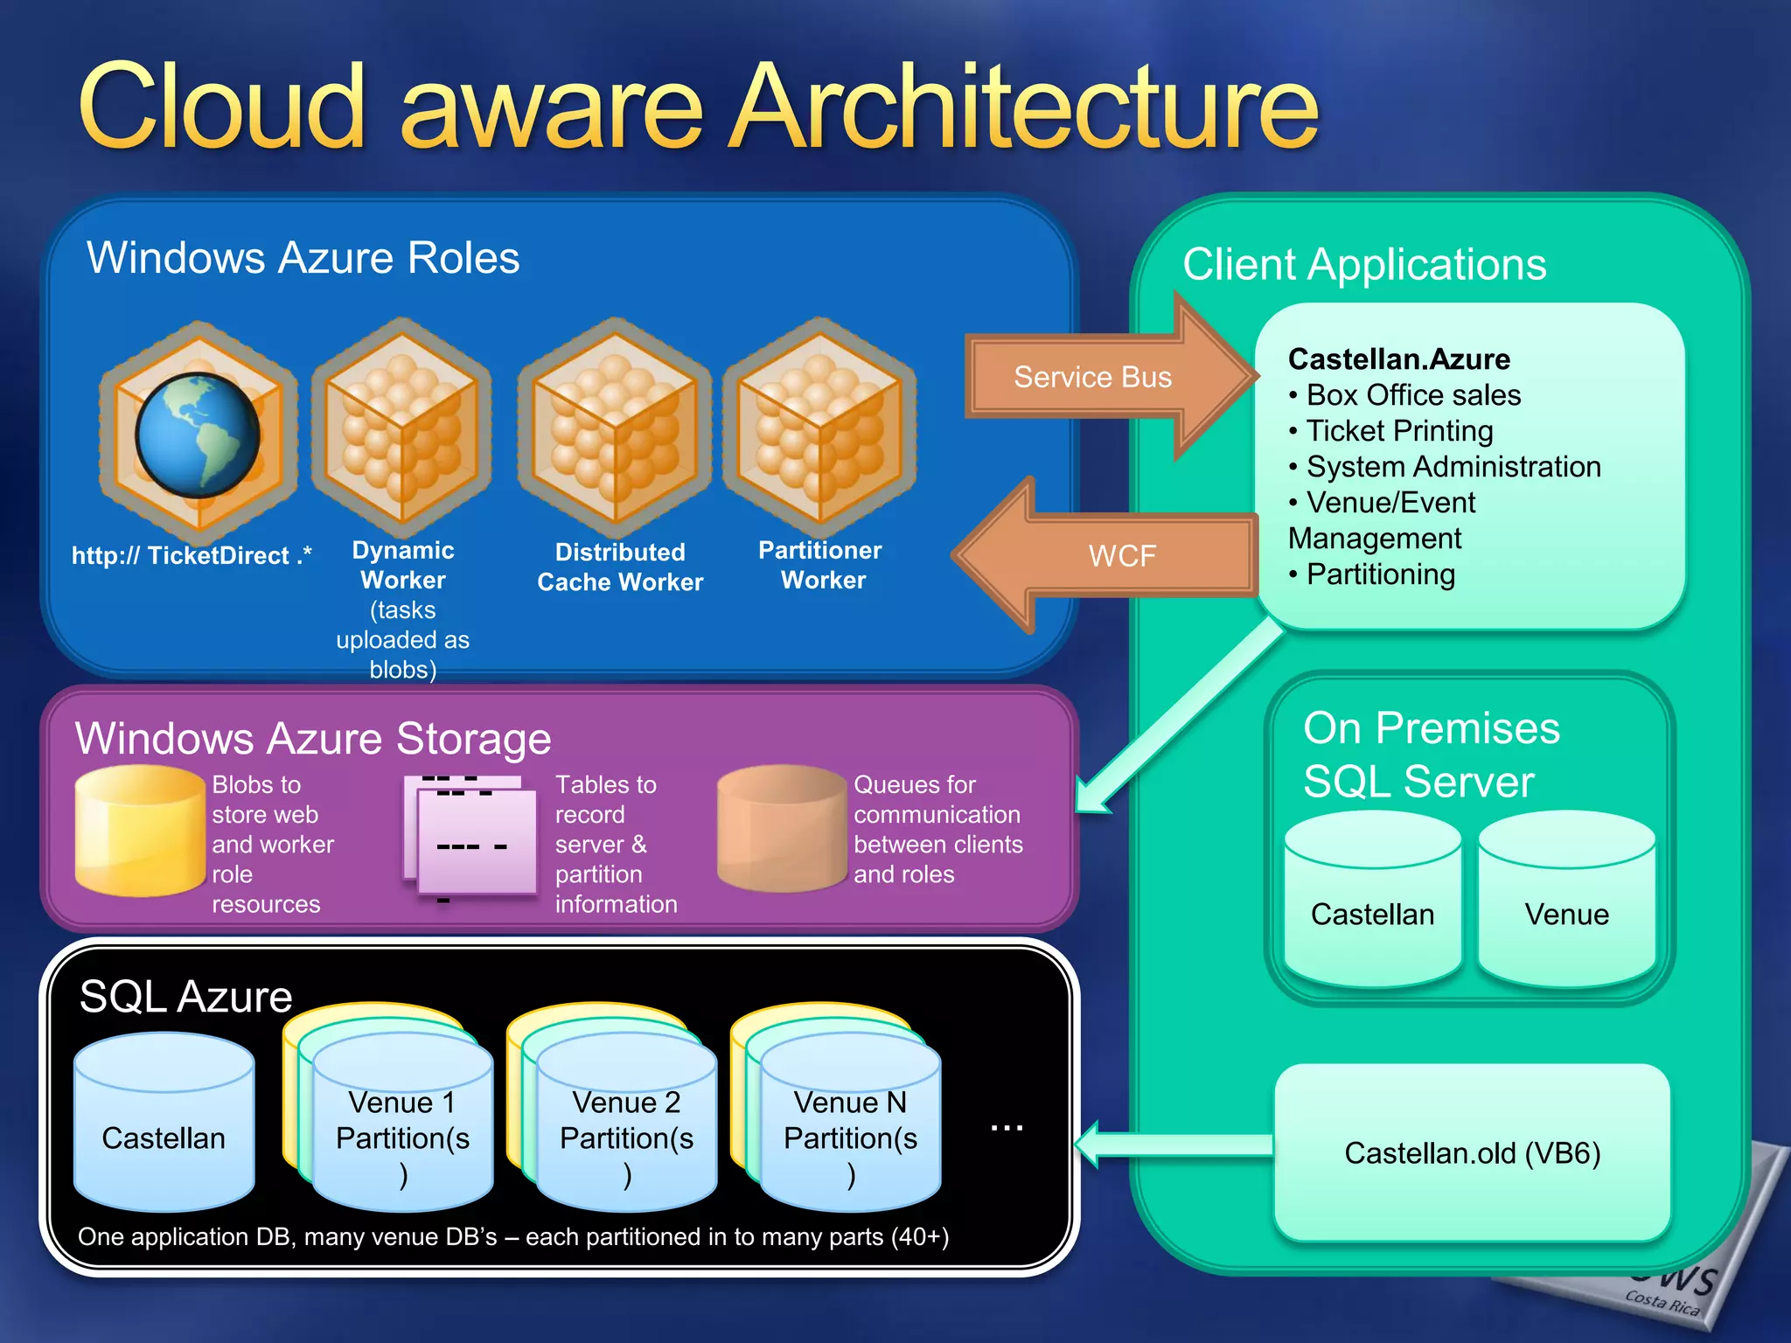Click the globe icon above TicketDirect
point(198,435)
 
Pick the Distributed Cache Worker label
point(620,567)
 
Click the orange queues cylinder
point(782,829)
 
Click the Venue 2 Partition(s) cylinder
point(626,1128)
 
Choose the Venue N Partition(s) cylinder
point(850,1128)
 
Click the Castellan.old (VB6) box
point(1472,1152)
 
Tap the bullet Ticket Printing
point(1399,431)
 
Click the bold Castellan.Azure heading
point(1399,359)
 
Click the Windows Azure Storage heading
point(313,738)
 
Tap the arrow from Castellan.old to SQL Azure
point(1172,1145)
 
